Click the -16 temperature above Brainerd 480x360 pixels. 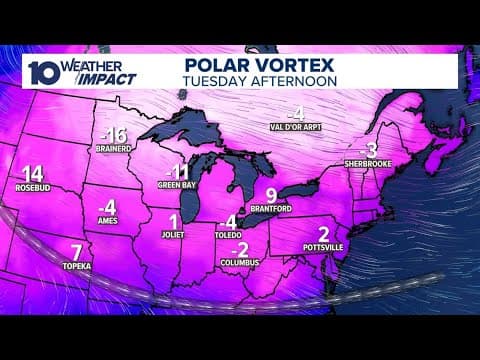(115, 136)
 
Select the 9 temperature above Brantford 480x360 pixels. (271, 195)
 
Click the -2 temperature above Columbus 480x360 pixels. (239, 248)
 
